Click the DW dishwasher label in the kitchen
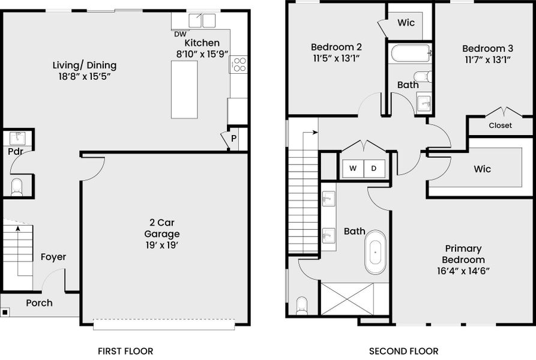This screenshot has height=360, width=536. point(180,34)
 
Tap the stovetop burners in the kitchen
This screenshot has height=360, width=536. point(238,64)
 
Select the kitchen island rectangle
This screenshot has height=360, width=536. point(184,89)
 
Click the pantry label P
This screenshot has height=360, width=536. point(233,139)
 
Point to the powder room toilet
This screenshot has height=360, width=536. point(17,187)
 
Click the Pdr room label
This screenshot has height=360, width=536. point(15,152)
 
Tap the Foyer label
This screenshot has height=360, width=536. point(53,257)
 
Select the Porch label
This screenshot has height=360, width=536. point(39,303)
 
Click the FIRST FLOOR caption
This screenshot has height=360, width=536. point(125,351)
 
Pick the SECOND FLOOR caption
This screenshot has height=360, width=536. point(403,351)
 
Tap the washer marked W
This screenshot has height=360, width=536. point(353,169)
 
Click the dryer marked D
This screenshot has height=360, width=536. point(373,169)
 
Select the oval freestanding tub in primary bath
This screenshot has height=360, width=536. point(376,252)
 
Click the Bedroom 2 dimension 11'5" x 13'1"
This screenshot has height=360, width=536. point(336,59)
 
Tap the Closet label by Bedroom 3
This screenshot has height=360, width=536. point(500,125)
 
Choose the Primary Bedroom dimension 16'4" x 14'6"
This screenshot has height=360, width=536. point(463,271)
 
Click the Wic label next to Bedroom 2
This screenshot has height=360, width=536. point(406,23)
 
